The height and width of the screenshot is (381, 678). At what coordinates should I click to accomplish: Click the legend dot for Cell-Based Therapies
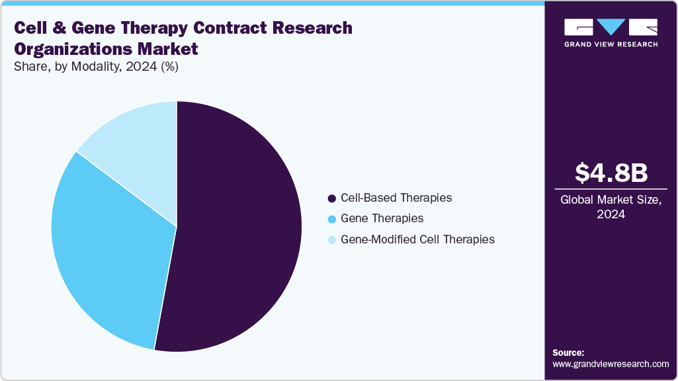coord(331,198)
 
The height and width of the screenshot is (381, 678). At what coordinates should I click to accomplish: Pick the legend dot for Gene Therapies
coord(331,218)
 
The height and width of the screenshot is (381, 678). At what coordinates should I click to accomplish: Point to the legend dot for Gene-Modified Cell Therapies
coord(331,239)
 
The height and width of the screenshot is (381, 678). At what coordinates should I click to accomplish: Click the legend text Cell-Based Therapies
coord(396,198)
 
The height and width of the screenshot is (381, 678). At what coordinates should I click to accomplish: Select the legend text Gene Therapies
coord(382,218)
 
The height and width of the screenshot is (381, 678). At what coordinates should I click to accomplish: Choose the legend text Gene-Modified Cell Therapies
coord(417,239)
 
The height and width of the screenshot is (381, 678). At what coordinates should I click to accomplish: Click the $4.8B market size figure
coord(611,173)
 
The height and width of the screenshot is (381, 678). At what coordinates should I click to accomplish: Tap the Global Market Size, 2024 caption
coord(611,208)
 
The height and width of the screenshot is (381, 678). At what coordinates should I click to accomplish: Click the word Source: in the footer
coord(568,353)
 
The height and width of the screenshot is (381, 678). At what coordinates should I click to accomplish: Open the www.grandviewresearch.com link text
coord(611,364)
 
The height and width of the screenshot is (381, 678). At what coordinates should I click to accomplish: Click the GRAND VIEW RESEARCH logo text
coord(611,44)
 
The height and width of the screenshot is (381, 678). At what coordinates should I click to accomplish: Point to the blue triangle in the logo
coord(611,27)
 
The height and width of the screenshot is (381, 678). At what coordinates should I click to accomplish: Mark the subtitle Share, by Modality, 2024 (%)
coord(96,66)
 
